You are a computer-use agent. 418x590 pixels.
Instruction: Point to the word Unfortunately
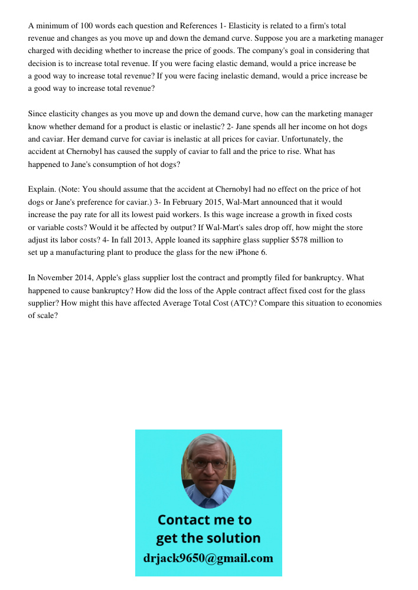305,139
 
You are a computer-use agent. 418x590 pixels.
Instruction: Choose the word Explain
43,189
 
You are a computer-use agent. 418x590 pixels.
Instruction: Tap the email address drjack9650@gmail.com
208,558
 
